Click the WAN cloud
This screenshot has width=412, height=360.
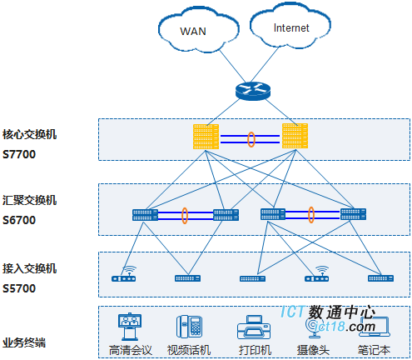pyautogui.click(x=198, y=30)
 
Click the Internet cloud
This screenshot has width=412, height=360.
pyautogui.click(x=290, y=26)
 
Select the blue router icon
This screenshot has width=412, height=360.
pyautogui.click(x=253, y=91)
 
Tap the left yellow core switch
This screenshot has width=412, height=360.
pyautogui.click(x=206, y=137)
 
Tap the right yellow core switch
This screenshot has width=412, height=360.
pyautogui.click(x=295, y=136)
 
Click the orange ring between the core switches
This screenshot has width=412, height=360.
pyautogui.click(x=251, y=139)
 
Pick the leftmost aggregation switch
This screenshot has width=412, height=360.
pyautogui.click(x=145, y=215)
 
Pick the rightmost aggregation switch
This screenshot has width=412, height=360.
pyautogui.click(x=353, y=214)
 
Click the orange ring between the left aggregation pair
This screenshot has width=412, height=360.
pyautogui.click(x=185, y=216)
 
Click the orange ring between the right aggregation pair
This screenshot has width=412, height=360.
pyautogui.click(x=311, y=215)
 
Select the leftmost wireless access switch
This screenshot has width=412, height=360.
pyautogui.click(x=124, y=274)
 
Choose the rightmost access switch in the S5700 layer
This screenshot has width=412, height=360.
pyautogui.click(x=380, y=278)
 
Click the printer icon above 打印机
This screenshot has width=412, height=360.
pyautogui.click(x=254, y=327)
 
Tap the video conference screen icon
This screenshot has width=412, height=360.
pyautogui.click(x=130, y=327)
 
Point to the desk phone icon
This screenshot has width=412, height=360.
pyautogui.click(x=190, y=327)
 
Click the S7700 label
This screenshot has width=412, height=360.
pyautogui.click(x=19, y=154)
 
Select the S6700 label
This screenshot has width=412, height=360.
pyautogui.click(x=19, y=220)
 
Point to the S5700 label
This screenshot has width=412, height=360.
pyautogui.click(x=19, y=288)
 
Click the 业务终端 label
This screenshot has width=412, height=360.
pyautogui.click(x=24, y=342)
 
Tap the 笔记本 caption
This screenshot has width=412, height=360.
pyautogui.click(x=374, y=350)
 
